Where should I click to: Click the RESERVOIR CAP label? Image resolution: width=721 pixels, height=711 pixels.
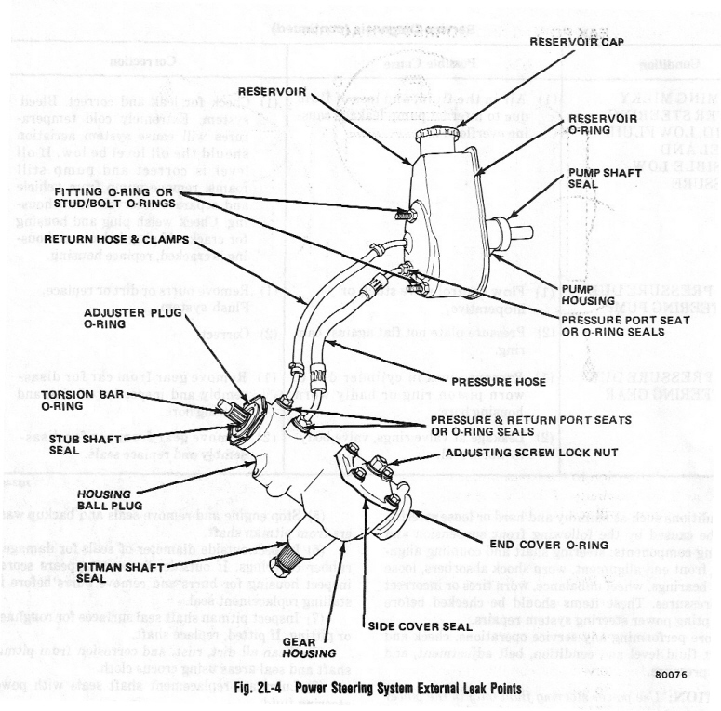pos(576,42)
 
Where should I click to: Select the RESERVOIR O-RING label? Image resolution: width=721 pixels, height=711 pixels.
pos(603,125)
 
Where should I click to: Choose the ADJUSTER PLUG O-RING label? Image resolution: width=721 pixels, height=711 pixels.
pos(123,319)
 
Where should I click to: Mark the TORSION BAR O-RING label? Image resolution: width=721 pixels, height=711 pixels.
pos(64,400)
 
